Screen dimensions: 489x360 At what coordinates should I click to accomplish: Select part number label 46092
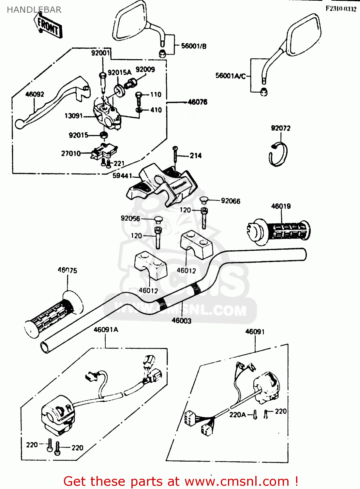[35, 94]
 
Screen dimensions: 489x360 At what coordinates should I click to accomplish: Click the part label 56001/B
[194, 46]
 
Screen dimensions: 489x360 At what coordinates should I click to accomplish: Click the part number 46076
[197, 102]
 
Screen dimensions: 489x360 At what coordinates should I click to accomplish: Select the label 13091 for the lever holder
[74, 116]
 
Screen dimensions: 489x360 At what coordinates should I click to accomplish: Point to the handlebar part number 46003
[181, 320]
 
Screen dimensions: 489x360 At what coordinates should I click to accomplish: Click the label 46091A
[106, 330]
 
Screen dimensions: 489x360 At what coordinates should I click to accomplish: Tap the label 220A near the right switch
[237, 415]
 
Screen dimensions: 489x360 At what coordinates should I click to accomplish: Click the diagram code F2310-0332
[341, 9]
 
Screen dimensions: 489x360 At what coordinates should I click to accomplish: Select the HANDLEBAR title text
[34, 10]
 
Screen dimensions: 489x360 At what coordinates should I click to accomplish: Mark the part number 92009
[145, 69]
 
